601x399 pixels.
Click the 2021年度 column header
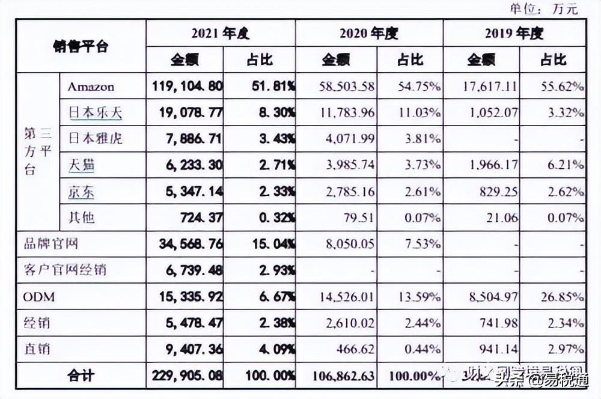point(220,34)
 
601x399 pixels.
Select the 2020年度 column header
point(368,34)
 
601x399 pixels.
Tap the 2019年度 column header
point(514,34)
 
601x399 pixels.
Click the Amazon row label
point(91,87)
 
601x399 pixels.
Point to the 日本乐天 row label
point(96,112)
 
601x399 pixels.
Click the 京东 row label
point(81,192)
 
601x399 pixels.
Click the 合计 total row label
point(81,376)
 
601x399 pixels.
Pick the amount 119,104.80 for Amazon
point(185,87)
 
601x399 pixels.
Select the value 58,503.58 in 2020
point(340,87)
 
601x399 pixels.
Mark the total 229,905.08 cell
point(185,376)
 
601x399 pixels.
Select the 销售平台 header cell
point(81,46)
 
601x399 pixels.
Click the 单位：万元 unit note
point(543,8)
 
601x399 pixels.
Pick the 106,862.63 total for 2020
point(340,376)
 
